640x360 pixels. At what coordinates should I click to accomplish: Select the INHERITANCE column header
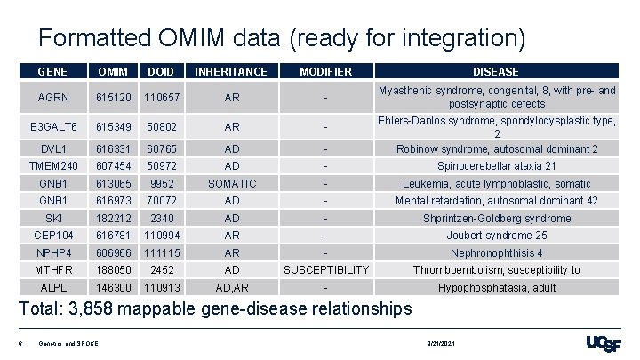pos(231,71)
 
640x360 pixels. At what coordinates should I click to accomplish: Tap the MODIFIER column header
pos(326,71)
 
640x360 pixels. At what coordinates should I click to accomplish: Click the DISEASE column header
pos(496,71)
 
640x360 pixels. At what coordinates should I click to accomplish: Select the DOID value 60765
pos(161,149)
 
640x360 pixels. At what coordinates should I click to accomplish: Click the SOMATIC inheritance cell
pos(231,183)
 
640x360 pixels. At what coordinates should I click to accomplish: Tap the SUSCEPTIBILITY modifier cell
pos(326,269)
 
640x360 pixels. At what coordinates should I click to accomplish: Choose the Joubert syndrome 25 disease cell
pos(496,236)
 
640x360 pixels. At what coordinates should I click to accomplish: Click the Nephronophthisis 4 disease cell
pos(496,252)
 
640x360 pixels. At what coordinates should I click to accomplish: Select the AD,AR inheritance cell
pos(231,288)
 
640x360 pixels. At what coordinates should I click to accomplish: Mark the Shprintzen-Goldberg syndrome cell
pos(496,218)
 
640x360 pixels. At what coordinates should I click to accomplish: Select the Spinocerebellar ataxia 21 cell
pos(496,166)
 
